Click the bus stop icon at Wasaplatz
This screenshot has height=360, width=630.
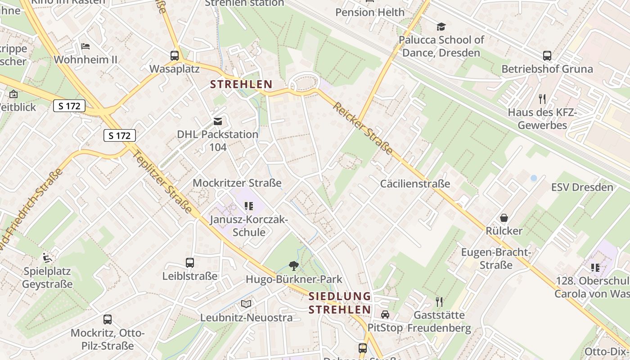click(x=175, y=56)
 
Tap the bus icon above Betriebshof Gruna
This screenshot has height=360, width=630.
click(x=547, y=56)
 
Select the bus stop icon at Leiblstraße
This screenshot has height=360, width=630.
click(x=190, y=263)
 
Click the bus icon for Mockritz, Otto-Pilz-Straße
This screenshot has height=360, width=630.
click(x=108, y=319)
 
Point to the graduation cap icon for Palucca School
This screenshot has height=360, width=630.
click(x=441, y=27)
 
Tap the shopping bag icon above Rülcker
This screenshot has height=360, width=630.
click(x=504, y=218)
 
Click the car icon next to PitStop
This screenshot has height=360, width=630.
click(x=385, y=315)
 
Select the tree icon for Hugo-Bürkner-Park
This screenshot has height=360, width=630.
click(x=294, y=266)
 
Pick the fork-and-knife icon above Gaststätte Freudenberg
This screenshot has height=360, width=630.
click(x=439, y=301)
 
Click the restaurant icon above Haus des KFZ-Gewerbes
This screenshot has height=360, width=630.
click(x=542, y=99)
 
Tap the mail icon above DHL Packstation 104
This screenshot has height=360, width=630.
click(x=218, y=121)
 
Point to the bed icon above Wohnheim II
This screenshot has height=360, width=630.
click(x=85, y=46)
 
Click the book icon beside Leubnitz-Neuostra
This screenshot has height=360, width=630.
click(x=246, y=304)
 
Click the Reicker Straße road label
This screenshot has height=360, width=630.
click(x=363, y=129)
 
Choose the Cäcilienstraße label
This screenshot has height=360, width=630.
click(x=415, y=184)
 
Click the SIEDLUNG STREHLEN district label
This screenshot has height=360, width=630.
click(x=340, y=303)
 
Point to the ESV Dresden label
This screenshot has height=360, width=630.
click(x=582, y=187)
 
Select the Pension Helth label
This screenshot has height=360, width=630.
click(x=370, y=12)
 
